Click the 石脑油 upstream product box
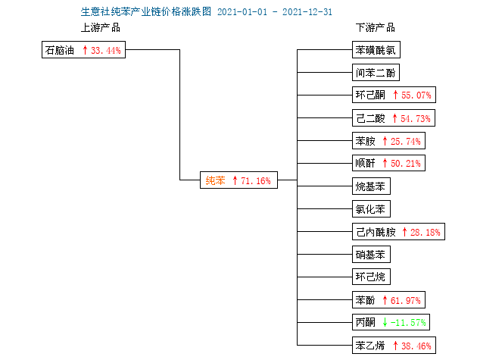coord(83,50)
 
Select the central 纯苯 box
coord(238,180)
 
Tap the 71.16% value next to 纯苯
coord(256,180)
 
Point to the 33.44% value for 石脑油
coord(106,50)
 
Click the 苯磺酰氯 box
coord(376,50)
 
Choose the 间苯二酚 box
coord(376,73)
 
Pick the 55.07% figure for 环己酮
coord(416,95)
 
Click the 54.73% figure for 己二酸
coord(416,118)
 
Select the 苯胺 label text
coord(366,141)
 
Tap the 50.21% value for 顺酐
coord(406,163)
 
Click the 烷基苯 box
coord(371,186)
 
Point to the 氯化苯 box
coord(371,208)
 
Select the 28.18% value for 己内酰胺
coord(426,233)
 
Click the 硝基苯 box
coord(371,255)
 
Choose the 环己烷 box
coord(371,277)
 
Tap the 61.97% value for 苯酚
coord(406,301)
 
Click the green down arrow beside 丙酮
coord(385,322)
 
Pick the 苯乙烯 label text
coord(370,346)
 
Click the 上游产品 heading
coord(101,28)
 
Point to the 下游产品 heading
coord(376,28)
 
